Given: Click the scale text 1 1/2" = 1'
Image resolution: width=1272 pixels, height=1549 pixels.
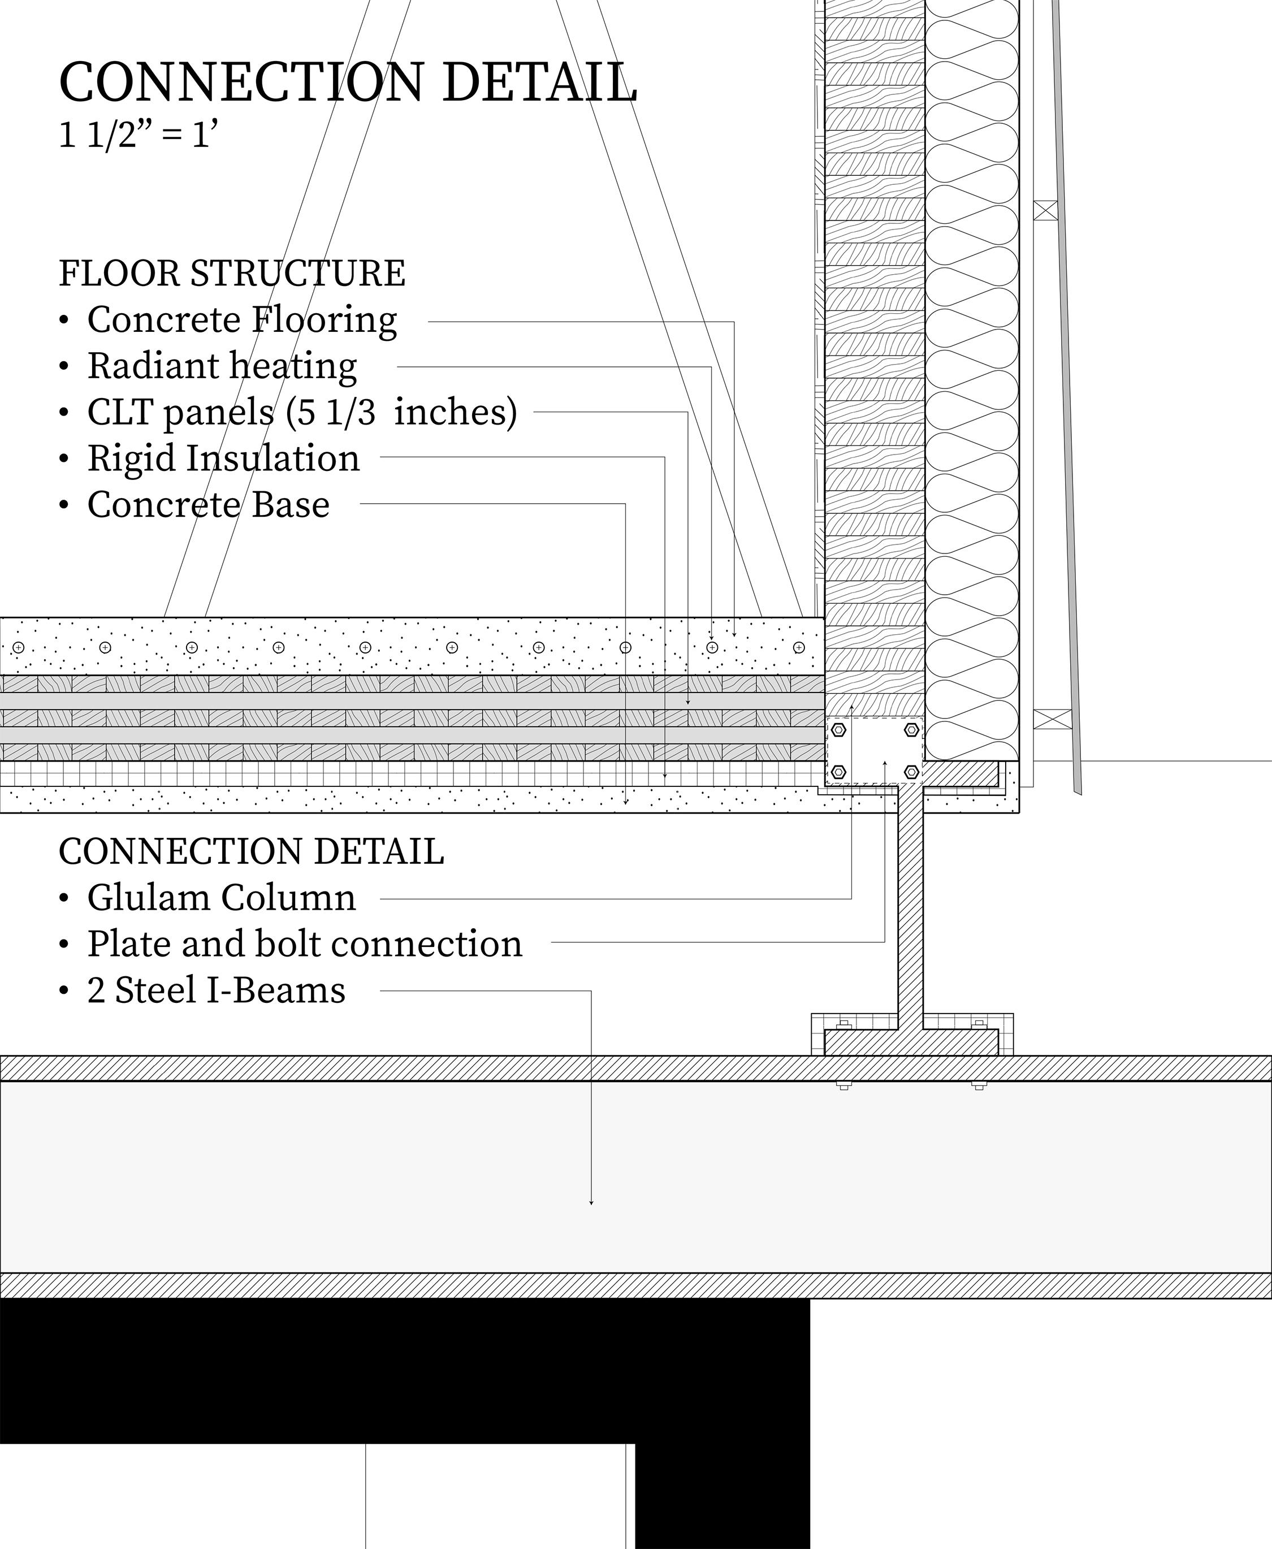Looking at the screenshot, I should tap(139, 136).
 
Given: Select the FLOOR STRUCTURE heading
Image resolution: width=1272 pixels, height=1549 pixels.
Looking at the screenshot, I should tap(232, 273).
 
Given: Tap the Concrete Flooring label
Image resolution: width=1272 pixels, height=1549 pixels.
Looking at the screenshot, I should tap(242, 320).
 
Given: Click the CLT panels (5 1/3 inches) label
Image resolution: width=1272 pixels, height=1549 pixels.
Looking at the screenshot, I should tap(302, 412).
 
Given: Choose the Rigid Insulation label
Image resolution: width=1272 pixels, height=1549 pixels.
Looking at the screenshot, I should tap(223, 458).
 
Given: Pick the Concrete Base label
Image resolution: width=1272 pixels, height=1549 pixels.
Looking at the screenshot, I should tap(208, 505).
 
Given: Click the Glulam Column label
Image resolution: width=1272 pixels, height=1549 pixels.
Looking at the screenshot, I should tap(221, 898).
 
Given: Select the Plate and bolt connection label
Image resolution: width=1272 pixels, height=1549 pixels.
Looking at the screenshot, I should tap(305, 944).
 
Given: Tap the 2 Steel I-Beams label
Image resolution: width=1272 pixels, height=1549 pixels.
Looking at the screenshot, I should tap(216, 990).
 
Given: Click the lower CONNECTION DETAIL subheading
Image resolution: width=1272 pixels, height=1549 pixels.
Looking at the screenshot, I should tap(252, 851).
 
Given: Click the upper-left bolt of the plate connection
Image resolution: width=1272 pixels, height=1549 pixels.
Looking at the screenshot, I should tap(840, 729).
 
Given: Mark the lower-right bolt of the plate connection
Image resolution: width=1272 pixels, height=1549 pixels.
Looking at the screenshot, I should tap(911, 772).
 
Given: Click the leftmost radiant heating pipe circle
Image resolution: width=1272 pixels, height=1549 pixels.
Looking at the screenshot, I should tap(19, 647).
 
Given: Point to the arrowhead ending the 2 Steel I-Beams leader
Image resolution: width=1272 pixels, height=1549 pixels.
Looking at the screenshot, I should tap(591, 1202).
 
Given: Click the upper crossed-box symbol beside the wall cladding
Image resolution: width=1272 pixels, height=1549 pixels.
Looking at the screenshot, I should tap(1046, 210).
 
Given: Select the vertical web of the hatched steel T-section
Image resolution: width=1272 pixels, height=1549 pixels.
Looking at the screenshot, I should tap(910, 901).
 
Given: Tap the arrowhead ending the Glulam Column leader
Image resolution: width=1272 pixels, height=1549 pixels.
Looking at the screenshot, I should tap(851, 708).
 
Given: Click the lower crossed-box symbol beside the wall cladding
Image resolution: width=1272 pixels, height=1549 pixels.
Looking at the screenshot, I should tap(1052, 719).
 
